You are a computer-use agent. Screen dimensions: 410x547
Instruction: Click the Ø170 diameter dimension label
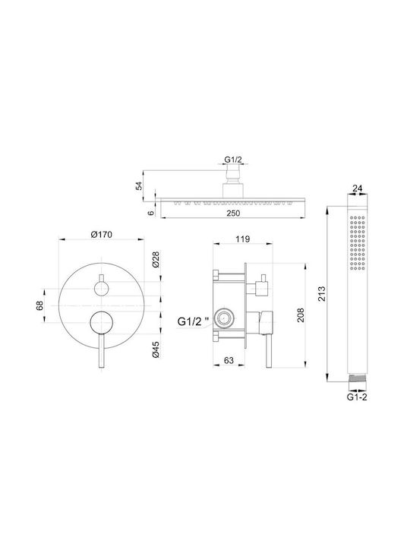(x=102, y=235)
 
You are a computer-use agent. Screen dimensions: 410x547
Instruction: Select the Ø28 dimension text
(x=156, y=259)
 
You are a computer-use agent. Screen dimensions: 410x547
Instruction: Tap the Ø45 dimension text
(x=156, y=349)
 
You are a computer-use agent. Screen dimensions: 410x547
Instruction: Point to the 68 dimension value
(x=39, y=305)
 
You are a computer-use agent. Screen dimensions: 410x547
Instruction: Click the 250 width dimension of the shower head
(x=233, y=213)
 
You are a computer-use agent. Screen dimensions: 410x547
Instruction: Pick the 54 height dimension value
(x=139, y=186)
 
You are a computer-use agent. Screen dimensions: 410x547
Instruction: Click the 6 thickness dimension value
(x=151, y=213)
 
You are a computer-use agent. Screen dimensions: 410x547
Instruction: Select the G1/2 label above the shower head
(x=233, y=160)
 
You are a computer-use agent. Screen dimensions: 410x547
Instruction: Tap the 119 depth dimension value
(x=243, y=239)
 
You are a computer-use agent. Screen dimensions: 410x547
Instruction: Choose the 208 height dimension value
(x=301, y=315)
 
